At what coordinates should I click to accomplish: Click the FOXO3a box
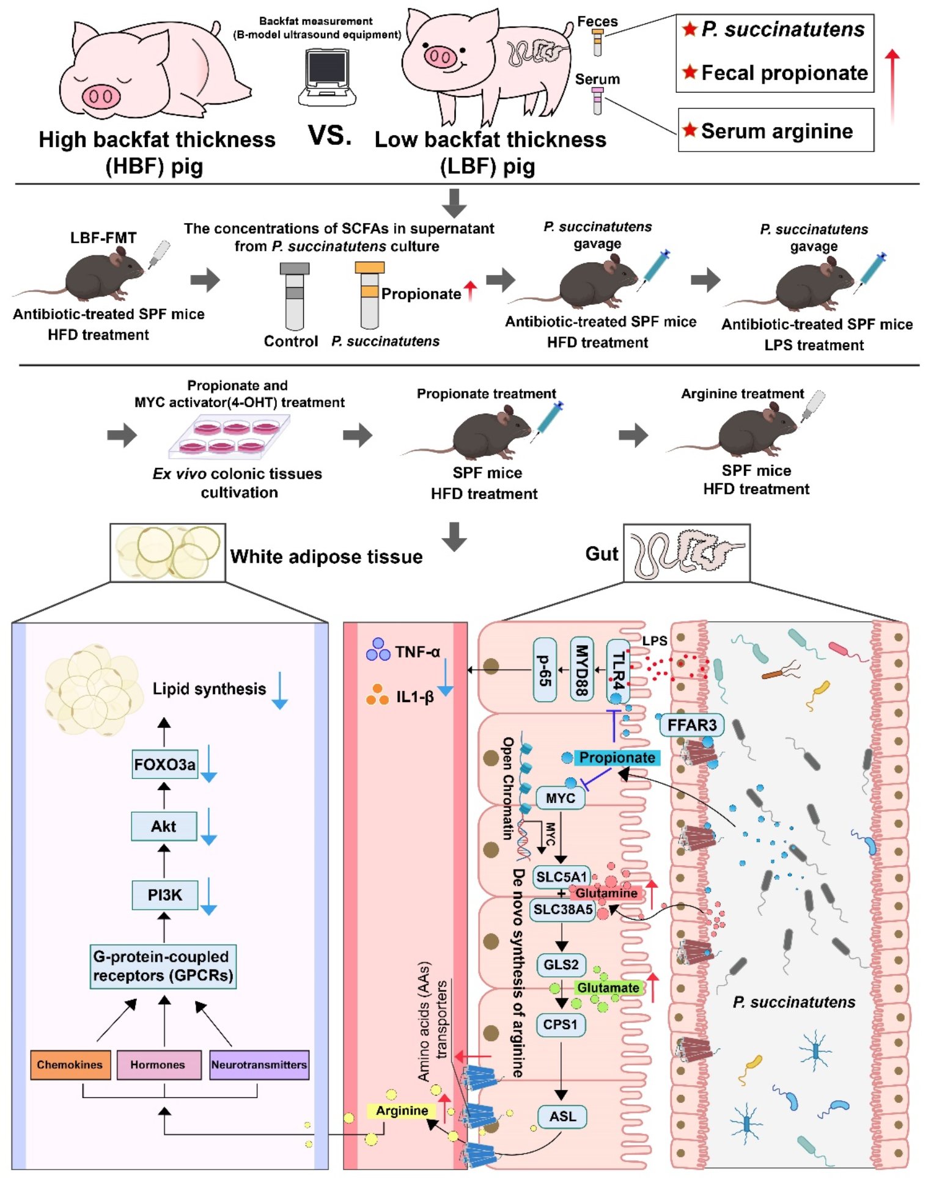coord(164,764)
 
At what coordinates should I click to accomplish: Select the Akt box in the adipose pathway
coord(164,826)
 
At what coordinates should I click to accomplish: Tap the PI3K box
coord(164,894)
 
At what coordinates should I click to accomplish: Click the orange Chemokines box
coord(70,1064)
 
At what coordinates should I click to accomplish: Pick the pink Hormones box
coord(158,1064)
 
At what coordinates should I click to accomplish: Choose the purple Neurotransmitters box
coord(259,1064)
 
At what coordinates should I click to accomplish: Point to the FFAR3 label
coord(691,725)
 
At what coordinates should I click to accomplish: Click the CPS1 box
coord(561,1025)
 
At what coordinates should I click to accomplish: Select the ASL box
coord(562,1116)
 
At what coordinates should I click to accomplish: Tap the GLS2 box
coord(561,965)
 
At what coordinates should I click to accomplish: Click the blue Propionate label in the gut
coord(617,758)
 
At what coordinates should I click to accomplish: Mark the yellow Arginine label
coord(402,1111)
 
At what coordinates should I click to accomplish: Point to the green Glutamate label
coord(608,988)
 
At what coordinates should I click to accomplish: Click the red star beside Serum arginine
coord(690,130)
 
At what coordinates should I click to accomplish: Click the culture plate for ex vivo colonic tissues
coord(229,436)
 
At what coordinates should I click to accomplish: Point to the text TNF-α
coord(418,652)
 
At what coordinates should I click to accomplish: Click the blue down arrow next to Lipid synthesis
coord(279,690)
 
